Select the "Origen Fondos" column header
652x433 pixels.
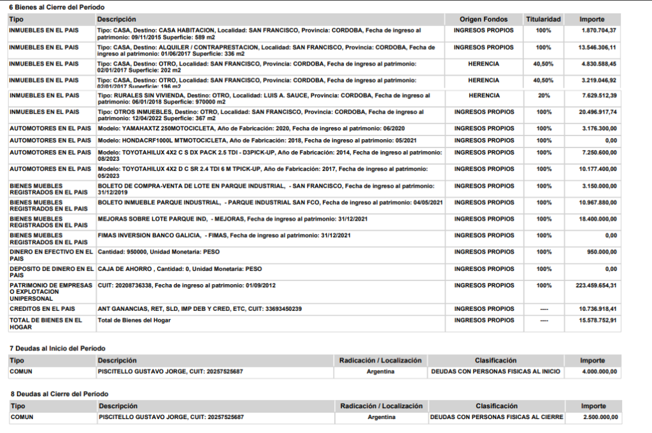pos(483,20)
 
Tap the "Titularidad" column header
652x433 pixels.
pos(543,20)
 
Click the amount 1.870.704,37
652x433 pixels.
pos(599,31)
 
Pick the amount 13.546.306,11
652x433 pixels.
pos(597,47)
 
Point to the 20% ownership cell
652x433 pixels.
pos(543,95)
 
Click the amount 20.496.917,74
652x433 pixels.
pos(597,112)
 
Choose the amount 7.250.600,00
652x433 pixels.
pos(599,153)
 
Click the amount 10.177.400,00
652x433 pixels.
pos(597,169)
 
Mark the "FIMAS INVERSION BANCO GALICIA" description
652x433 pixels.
pos(224,236)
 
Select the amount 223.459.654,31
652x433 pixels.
pos(596,285)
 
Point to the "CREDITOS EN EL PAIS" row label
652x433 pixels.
pos(44,309)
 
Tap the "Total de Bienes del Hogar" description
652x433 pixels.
pos(134,320)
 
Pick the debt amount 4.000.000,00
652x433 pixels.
pos(599,371)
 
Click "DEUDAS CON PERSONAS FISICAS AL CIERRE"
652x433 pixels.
pos(496,418)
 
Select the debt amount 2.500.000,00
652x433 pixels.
pos(600,418)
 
